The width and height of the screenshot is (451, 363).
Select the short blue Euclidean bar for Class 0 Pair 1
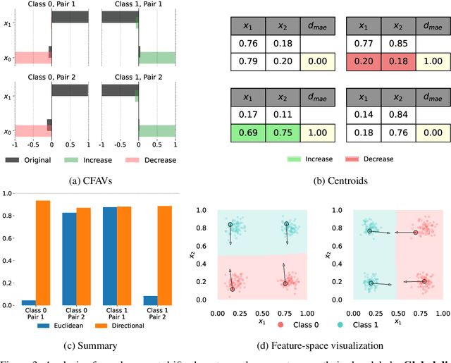tap(29, 302)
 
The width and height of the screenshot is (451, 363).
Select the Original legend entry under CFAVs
tap(29, 160)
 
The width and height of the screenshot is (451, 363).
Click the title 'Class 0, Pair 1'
tap(51, 5)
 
